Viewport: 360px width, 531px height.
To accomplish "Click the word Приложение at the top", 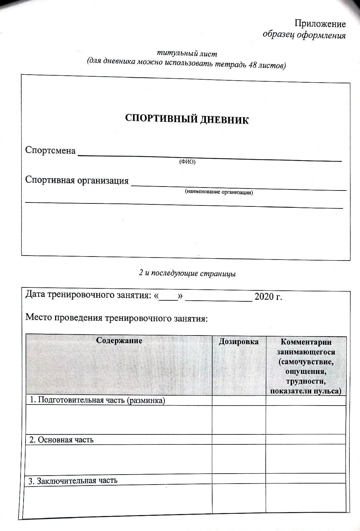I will [x=320, y=24].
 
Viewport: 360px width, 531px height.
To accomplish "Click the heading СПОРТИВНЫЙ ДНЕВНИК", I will [x=187, y=119].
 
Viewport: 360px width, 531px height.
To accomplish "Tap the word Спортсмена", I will [x=50, y=150].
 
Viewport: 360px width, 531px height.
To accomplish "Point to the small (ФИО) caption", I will [x=187, y=162].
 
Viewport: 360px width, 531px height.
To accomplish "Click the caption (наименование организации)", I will [x=219, y=192].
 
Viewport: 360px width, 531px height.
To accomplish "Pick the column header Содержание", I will [x=119, y=340].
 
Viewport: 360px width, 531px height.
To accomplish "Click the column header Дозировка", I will [x=238, y=341].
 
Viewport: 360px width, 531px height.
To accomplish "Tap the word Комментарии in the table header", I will [x=306, y=342].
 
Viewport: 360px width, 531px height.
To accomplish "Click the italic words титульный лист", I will [x=187, y=53].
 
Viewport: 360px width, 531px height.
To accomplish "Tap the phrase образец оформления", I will [x=304, y=35].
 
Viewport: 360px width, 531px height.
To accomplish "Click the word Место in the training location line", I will [x=39, y=317].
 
